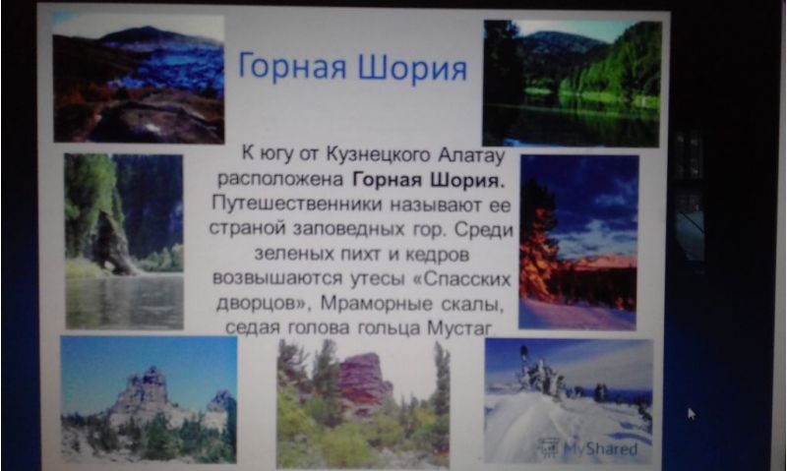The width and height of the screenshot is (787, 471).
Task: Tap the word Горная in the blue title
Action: tap(292, 67)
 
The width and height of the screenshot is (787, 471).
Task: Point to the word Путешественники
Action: tap(297, 204)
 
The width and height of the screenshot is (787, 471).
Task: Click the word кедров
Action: tap(437, 254)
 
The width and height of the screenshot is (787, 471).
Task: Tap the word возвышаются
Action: tap(277, 278)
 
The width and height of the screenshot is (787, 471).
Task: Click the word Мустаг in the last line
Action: tap(459, 327)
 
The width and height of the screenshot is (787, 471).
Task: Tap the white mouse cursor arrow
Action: tap(692, 414)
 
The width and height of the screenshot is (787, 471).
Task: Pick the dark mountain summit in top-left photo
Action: tap(146, 35)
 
